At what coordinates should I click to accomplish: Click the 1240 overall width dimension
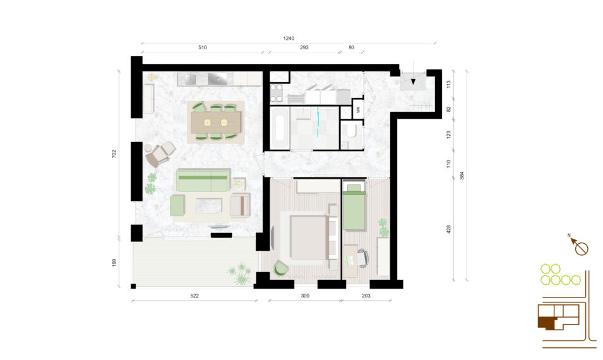pos(289,39)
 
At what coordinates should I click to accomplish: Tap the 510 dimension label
pos(202,48)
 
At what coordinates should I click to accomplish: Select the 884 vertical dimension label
pos(462,176)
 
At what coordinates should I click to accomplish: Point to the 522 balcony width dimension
pos(194,296)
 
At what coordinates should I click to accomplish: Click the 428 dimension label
pos(448,230)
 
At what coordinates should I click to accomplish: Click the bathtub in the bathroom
pos(279,128)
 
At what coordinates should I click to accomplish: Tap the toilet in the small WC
pos(351,130)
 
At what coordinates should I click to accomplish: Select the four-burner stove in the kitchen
pos(276,93)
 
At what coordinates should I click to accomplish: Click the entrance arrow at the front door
pos(413,81)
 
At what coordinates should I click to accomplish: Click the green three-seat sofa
pos(203,180)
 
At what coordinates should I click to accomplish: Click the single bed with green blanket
pos(354,207)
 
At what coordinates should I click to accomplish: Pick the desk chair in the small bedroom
pos(363,257)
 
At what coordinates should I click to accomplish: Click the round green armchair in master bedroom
pos(280,268)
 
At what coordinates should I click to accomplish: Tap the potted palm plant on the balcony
pos(240,274)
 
